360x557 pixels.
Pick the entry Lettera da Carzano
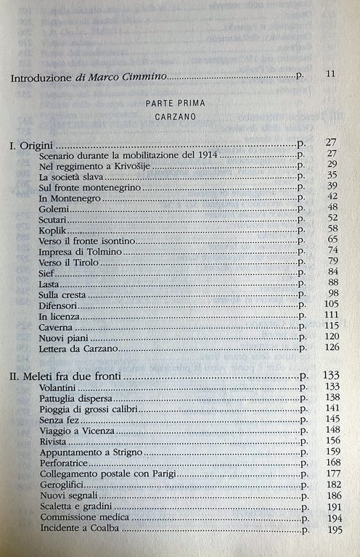tap(78, 349)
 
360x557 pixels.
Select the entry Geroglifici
tap(62, 484)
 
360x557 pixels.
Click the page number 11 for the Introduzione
tap(330, 75)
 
